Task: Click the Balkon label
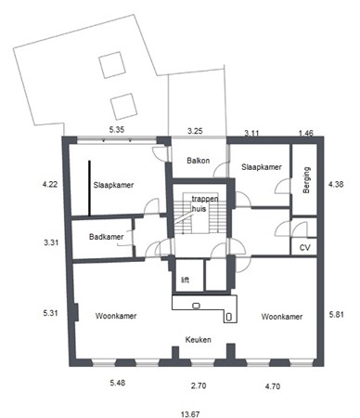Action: coord(198,160)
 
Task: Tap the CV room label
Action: coord(304,248)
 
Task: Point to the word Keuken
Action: coord(198,340)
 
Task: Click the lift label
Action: coord(185,278)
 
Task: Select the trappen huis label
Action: coord(199,204)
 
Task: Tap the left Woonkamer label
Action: coord(116,316)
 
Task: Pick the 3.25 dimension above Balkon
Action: coord(196,131)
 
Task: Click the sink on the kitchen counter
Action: coord(196,305)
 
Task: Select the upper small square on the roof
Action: coord(111,63)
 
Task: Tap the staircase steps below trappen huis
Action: coord(199,228)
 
